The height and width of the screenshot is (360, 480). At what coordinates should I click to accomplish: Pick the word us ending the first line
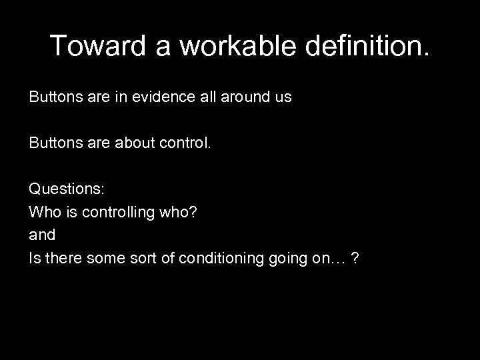pyautogui.click(x=283, y=97)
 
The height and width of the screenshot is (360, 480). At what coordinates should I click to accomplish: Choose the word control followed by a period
pyautogui.click(x=185, y=143)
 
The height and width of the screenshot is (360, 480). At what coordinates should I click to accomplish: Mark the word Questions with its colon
pyautogui.click(x=67, y=190)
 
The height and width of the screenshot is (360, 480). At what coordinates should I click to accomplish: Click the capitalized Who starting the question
pyautogui.click(x=43, y=213)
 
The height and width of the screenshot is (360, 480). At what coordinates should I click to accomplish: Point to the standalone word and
pyautogui.click(x=42, y=235)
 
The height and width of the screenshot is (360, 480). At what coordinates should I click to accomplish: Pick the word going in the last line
pyautogui.click(x=287, y=259)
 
